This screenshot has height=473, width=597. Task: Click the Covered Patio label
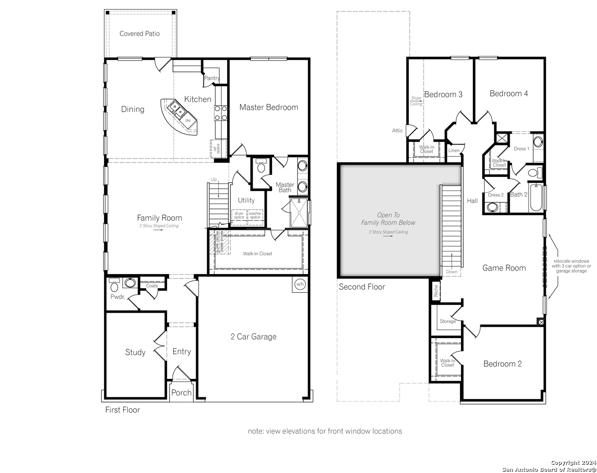[139, 34]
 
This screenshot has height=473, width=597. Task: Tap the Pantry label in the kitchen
[212, 78]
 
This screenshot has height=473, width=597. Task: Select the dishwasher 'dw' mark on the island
[188, 120]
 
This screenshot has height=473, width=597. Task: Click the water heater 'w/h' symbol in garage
[300, 284]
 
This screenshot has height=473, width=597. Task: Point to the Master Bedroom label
[268, 107]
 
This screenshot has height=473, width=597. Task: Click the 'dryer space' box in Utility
[239, 215]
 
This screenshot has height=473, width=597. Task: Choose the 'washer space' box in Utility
[255, 215]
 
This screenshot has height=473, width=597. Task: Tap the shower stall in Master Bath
[299, 213]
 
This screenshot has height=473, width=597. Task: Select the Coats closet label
[152, 286]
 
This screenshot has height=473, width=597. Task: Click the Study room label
[135, 353]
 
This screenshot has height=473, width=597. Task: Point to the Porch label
[181, 393]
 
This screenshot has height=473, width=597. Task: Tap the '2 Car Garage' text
[254, 337]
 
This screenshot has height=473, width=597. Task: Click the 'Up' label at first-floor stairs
[214, 180]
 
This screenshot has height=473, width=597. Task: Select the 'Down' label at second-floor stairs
[451, 272]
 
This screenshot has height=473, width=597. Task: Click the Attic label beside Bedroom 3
[397, 131]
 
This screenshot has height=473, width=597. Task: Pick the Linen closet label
[454, 151]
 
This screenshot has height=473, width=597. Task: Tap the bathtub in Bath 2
[536, 198]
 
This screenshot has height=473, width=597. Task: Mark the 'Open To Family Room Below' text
[388, 219]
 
